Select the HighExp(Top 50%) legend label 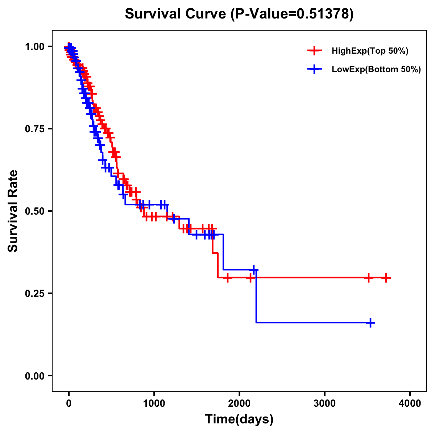click(370, 51)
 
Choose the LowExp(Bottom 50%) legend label click(376, 70)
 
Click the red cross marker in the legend click(314, 51)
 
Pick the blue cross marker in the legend click(314, 69)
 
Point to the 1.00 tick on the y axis click(34, 46)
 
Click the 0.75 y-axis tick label click(34, 129)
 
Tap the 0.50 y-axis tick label click(34, 211)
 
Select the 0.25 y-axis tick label click(34, 293)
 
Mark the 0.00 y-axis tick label click(34, 376)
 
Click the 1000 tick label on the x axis click(154, 403)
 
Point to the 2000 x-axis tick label click(239, 403)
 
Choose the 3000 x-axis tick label click(324, 403)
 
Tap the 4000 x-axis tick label click(410, 403)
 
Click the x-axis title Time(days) click(239, 419)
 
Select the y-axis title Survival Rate click(13, 211)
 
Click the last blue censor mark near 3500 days click(370, 323)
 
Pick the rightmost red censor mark click(386, 278)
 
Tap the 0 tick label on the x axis click(69, 403)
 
